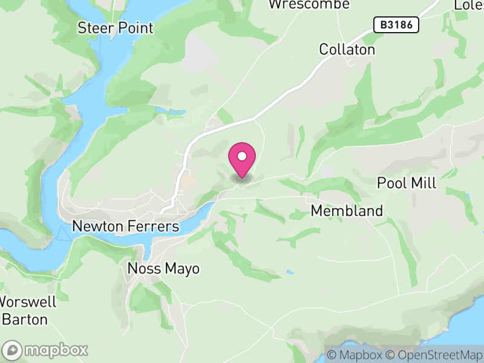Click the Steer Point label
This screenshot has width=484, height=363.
[116, 28]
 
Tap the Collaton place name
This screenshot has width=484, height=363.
[347, 49]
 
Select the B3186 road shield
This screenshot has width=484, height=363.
[394, 25]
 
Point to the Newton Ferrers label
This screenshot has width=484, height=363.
[126, 226]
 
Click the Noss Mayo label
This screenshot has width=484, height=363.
[163, 269]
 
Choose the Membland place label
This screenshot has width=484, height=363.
[347, 211]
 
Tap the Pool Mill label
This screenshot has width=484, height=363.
[407, 183]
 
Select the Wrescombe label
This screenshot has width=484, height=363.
[309, 4]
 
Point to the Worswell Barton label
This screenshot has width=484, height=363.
[27, 310]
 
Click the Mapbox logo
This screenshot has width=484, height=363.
[46, 350]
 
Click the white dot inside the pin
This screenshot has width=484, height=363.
[242, 156]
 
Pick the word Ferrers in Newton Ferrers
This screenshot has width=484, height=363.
[154, 226]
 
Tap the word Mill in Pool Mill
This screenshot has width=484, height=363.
[423, 183]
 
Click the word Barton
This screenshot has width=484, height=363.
[25, 319]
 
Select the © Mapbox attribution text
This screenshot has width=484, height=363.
[355, 355]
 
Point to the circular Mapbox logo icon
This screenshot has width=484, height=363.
[12, 350]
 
